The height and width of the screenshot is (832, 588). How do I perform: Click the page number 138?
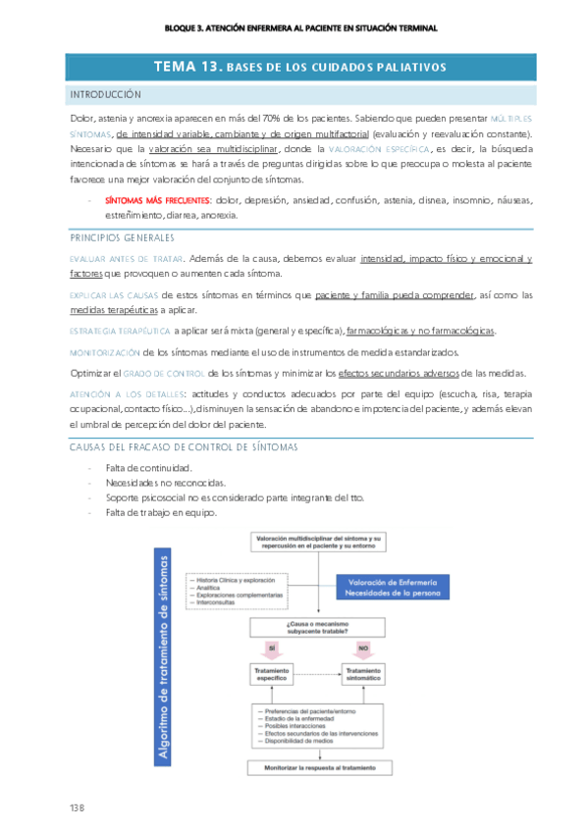coord(77,806)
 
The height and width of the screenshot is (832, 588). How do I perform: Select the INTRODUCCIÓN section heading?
coord(106,94)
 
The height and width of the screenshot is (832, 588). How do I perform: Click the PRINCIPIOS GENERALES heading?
coord(122,237)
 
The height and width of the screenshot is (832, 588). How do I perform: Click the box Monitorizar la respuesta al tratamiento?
coord(318,768)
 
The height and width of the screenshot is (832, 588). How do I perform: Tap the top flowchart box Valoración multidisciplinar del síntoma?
coord(318,542)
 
